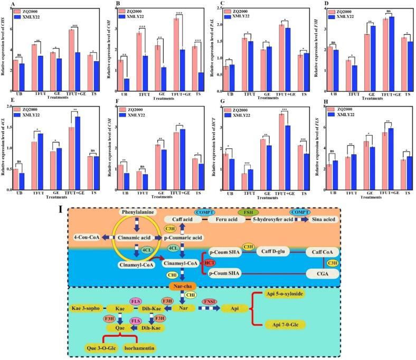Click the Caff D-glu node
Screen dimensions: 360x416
273,252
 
